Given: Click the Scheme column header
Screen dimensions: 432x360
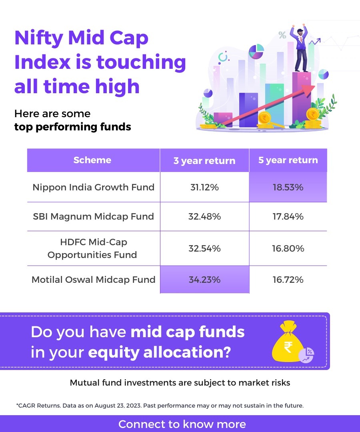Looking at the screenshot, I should pyautogui.click(x=92, y=160).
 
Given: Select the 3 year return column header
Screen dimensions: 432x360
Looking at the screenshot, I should pyautogui.click(x=204, y=161).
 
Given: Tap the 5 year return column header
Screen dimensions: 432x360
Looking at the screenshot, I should pyautogui.click(x=288, y=160).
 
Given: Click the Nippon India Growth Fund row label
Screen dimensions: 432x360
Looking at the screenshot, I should pyautogui.click(x=94, y=187).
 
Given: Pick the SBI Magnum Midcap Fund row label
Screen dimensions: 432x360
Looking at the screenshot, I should pyautogui.click(x=94, y=216).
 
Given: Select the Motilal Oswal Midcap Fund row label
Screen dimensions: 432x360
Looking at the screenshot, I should pyautogui.click(x=94, y=280).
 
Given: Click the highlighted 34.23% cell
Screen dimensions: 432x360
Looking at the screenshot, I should pyautogui.click(x=204, y=280).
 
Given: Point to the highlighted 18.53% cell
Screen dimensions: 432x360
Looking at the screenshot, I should pyautogui.click(x=288, y=187).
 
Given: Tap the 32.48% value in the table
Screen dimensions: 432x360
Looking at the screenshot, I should pyautogui.click(x=204, y=216).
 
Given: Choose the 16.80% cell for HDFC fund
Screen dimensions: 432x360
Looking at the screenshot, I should pyautogui.click(x=288, y=248).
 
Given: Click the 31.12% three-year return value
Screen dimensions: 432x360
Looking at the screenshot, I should pyautogui.click(x=204, y=187).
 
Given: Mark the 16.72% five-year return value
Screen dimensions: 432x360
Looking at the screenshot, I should pyautogui.click(x=288, y=280).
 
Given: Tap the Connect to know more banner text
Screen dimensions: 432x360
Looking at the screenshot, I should pyautogui.click(x=182, y=424).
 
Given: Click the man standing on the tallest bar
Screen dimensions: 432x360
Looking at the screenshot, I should pyautogui.click(x=302, y=48).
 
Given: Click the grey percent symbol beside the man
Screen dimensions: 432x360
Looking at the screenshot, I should pyautogui.click(x=282, y=35).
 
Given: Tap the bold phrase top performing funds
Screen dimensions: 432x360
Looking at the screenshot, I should pyautogui.click(x=73, y=127).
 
